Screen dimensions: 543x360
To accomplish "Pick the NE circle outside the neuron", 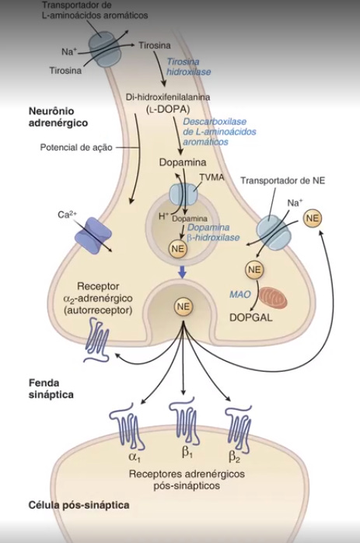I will (x=313, y=219).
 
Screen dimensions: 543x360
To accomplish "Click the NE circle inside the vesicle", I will (x=177, y=248).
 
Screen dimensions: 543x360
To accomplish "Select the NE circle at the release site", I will (x=183, y=307).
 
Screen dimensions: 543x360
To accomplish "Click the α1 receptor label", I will (x=134, y=454).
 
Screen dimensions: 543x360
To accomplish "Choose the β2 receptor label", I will (x=235, y=454).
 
